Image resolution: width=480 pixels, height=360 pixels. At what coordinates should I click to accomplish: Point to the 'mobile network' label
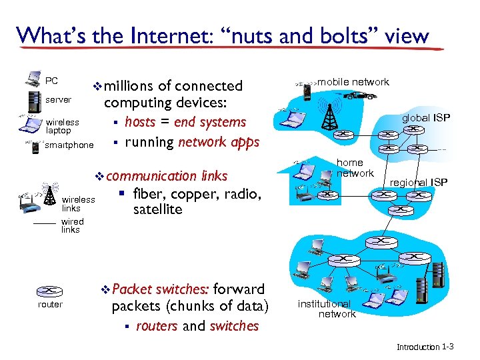click(x=353, y=82)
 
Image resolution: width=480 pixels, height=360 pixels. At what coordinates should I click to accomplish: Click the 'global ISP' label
click(x=425, y=118)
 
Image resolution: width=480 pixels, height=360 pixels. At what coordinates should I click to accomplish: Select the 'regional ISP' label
click(x=419, y=183)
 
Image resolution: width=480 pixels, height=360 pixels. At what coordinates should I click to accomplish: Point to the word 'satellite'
click(x=157, y=209)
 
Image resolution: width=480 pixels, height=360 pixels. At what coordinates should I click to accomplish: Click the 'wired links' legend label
click(x=72, y=225)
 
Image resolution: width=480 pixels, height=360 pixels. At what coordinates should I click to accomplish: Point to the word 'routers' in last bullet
click(x=157, y=326)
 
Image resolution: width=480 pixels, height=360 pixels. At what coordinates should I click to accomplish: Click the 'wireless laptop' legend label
click(x=62, y=127)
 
